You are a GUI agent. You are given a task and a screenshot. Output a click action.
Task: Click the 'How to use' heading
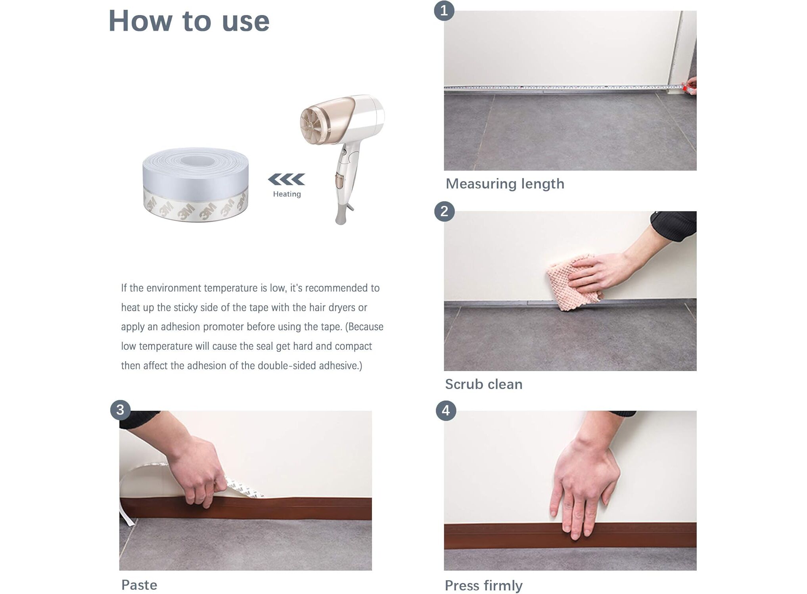[x=189, y=21]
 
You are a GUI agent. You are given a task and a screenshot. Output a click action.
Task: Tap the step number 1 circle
[x=444, y=11]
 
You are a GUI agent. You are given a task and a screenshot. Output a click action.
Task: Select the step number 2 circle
[x=444, y=211]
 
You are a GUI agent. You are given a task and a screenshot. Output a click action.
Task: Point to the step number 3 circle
[x=121, y=410]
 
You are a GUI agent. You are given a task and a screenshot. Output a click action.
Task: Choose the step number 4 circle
[x=446, y=411]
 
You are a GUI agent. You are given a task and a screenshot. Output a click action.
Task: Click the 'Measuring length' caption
[x=505, y=184]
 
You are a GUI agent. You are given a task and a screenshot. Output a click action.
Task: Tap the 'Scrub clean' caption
[x=484, y=384]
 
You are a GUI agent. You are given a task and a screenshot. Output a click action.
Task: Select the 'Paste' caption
[x=139, y=585]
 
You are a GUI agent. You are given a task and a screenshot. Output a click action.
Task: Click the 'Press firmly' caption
[x=484, y=586]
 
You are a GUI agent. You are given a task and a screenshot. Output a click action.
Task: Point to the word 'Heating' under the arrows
[x=287, y=194]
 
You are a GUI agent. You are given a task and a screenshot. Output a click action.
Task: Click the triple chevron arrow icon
[x=286, y=179]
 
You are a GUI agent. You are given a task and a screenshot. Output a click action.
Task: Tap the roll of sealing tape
[x=196, y=185]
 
